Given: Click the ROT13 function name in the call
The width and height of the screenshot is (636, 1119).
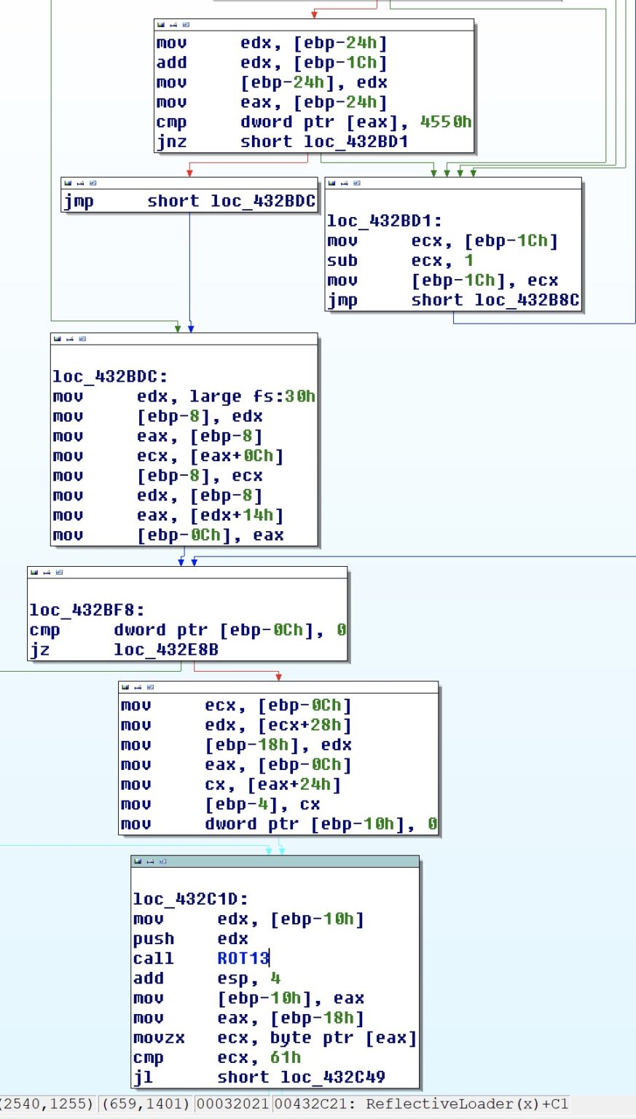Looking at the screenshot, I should [x=243, y=959].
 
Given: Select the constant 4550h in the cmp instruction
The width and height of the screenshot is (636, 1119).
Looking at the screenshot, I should [x=446, y=122].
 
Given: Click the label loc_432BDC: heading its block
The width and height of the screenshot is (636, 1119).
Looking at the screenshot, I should [x=110, y=377].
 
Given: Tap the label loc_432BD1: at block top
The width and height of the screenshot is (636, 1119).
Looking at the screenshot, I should [x=384, y=221].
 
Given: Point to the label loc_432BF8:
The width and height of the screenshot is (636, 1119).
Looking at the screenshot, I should [x=87, y=610].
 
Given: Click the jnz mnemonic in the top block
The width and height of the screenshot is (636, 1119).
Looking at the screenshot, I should [x=171, y=142].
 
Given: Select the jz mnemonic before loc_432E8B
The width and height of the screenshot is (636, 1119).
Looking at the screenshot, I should [x=39, y=650].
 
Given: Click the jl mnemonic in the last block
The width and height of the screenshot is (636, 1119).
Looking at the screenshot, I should [x=143, y=1077].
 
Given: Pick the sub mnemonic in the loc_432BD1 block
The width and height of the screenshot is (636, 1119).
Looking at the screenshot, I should [x=342, y=261].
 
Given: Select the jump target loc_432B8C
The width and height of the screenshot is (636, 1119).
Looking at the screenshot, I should [x=527, y=300].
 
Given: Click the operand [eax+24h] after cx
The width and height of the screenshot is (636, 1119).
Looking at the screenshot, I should [x=294, y=785].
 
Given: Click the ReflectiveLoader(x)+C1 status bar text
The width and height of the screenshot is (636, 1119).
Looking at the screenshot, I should [x=466, y=1104].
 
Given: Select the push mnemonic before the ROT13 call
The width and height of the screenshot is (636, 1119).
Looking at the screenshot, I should [x=154, y=939].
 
